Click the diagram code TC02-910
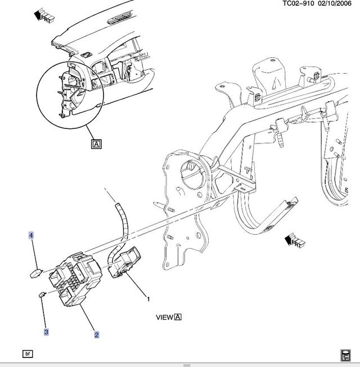coord(298,3)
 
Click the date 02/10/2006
coord(335,3)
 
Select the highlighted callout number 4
coord(31,235)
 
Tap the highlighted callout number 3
coord(46,332)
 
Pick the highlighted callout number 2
coord(97,335)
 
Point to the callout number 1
coord(148,299)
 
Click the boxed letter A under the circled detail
coord(96,144)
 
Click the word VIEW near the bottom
coord(164,317)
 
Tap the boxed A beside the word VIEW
coord(178,317)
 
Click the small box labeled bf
coord(28,353)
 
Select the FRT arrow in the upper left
coord(44,15)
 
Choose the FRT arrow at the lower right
coord(295,240)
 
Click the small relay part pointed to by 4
coord(36,274)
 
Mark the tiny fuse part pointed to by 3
coord(42,294)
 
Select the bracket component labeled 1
coord(124,262)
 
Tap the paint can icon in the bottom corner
coord(345,355)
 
